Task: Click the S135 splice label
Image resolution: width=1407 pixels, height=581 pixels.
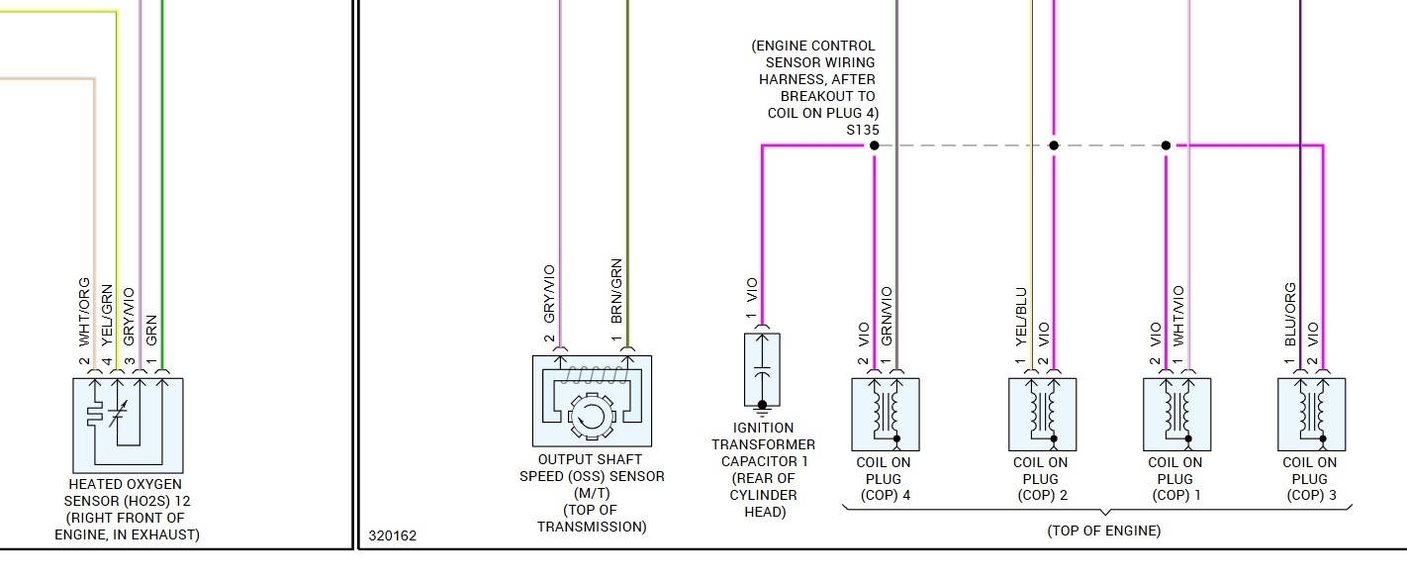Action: [862, 130]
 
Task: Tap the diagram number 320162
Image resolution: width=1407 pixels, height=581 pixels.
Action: [393, 535]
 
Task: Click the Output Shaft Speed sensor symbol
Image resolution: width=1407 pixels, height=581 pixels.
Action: [592, 401]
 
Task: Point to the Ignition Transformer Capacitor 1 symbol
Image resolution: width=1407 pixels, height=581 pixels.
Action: [762, 369]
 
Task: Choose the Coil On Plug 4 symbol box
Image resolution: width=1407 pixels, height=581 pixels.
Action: [886, 415]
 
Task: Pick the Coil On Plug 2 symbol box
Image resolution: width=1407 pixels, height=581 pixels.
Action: [1042, 415]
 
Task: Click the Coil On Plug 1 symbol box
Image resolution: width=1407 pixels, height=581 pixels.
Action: [1177, 415]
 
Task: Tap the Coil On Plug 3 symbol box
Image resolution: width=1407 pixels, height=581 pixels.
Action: [1311, 415]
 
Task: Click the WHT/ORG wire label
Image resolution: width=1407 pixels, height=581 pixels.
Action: [85, 311]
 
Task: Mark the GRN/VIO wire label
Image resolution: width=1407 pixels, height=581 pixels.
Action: [887, 316]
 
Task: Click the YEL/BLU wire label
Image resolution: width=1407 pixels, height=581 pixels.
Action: [1021, 316]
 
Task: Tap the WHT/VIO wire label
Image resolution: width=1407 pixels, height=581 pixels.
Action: [1177, 316]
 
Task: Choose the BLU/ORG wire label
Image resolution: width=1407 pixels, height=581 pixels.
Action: [1290, 314]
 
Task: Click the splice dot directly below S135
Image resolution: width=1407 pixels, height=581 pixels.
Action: [874, 145]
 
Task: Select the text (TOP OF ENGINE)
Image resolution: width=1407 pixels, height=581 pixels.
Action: [1103, 531]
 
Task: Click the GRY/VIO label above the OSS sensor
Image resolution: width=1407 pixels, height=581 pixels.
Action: [549, 294]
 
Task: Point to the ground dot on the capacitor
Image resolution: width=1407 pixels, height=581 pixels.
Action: [762, 405]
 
